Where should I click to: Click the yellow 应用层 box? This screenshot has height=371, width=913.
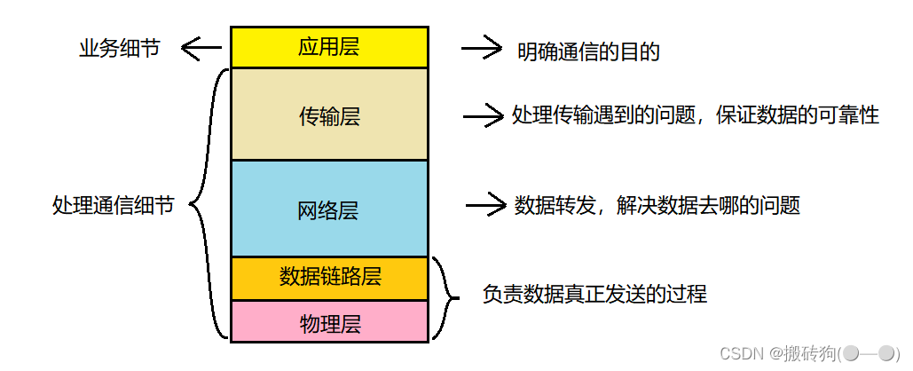pyautogui.click(x=329, y=47)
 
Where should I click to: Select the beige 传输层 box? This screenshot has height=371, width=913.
pyautogui.click(x=329, y=115)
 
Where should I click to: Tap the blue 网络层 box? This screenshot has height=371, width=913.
pyautogui.click(x=329, y=209)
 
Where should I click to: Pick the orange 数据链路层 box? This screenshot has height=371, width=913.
pyautogui.click(x=329, y=277)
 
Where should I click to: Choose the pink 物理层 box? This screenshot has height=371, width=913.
pyautogui.click(x=329, y=322)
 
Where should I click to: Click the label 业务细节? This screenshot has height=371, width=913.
pyautogui.click(x=120, y=49)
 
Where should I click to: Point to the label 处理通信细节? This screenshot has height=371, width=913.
pyautogui.click(x=113, y=206)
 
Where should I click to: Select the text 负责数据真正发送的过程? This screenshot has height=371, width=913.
pyautogui.click(x=594, y=294)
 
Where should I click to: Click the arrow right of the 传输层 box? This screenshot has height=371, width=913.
pyautogui.click(x=484, y=115)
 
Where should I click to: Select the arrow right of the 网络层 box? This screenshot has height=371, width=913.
pyautogui.click(x=485, y=206)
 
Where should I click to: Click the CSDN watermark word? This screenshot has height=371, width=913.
pyautogui.click(x=736, y=353)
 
